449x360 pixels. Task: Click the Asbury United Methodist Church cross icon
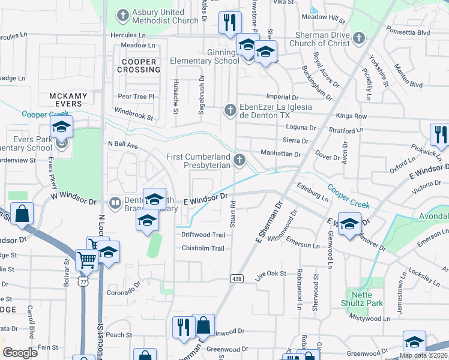pyautogui.click(x=123, y=15)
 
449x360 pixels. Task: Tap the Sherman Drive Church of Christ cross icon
pyautogui.click(x=359, y=39)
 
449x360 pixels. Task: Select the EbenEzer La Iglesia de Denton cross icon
pyautogui.click(x=229, y=110)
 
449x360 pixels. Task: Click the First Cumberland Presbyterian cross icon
pyautogui.click(x=240, y=159)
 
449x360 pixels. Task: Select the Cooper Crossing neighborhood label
pyautogui.click(x=139, y=65)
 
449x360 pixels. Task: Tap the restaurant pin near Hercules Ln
pyautogui.click(x=229, y=23)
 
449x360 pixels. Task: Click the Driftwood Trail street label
pyautogui.click(x=203, y=235)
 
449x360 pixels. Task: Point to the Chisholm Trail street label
pyautogui.click(x=203, y=248)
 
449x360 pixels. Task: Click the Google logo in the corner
pyautogui.click(x=20, y=353)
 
